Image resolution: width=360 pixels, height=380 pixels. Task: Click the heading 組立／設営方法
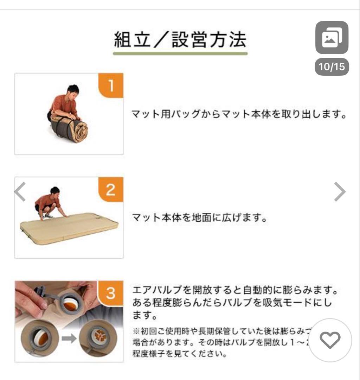coord(180,39)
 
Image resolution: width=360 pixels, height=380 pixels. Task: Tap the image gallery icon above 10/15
coord(332,38)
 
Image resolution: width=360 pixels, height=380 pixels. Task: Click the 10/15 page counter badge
coord(332,66)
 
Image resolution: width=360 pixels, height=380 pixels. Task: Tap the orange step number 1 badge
coord(111,85)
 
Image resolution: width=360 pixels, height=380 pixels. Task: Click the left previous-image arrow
coord(20,192)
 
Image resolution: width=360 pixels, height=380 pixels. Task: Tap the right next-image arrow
coord(340,192)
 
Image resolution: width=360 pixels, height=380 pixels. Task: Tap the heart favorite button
coord(330,340)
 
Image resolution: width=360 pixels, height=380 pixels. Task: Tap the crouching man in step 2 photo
coord(49,203)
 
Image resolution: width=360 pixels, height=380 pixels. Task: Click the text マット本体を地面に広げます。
coord(200,217)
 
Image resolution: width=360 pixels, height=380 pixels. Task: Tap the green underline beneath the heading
coord(180,53)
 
